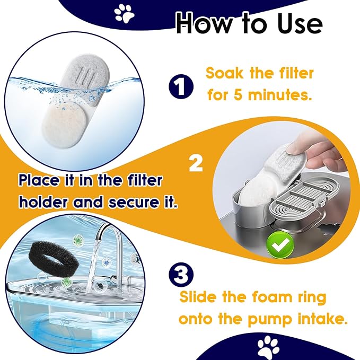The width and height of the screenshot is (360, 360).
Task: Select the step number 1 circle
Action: click(181, 86)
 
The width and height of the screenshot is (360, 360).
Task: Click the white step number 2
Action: click(196, 163)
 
